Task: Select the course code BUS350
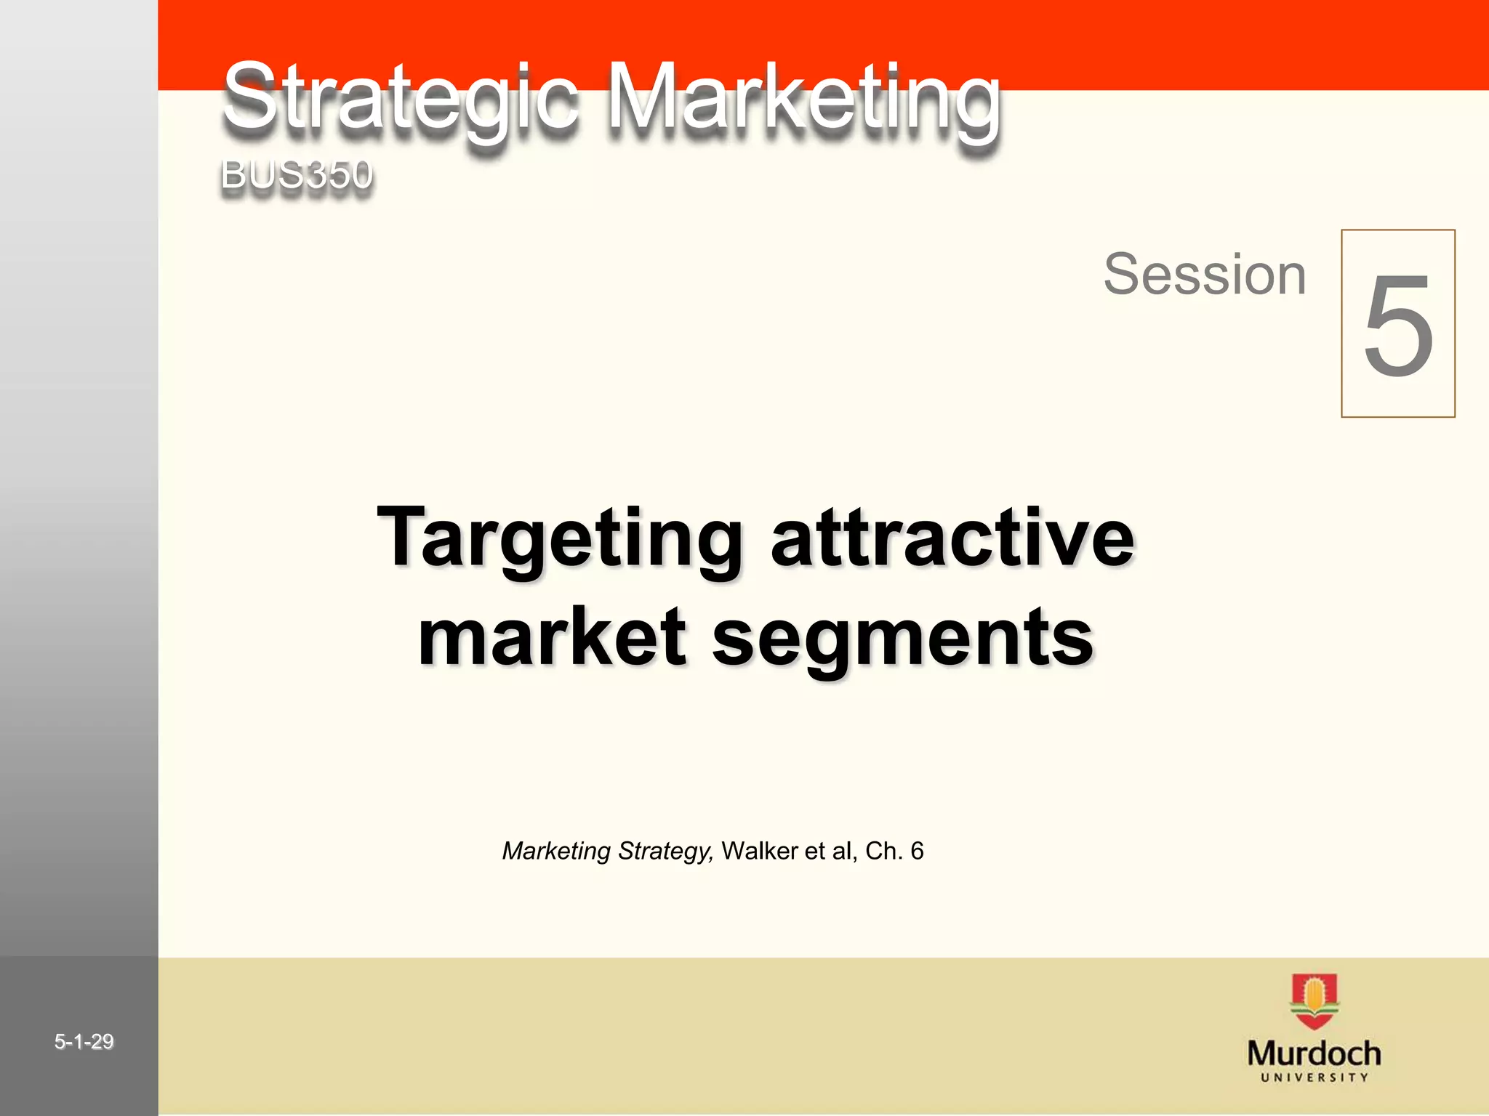point(297,174)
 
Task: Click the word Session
point(1205,274)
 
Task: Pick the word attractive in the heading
point(952,538)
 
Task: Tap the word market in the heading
point(552,636)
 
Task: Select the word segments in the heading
point(903,638)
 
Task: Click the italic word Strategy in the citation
point(665,851)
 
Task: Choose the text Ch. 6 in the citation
point(894,851)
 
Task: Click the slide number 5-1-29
point(84,1042)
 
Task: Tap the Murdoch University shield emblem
point(1315,1001)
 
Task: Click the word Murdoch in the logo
point(1314,1053)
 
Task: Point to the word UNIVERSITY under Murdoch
point(1314,1077)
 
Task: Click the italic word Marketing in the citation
point(556,851)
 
